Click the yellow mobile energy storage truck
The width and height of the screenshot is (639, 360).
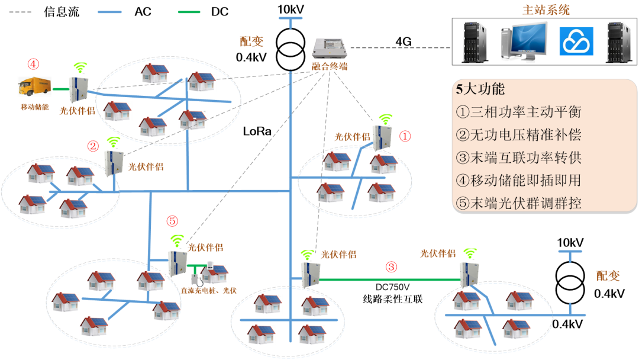point(34,86)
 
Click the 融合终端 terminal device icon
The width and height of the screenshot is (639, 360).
point(330,49)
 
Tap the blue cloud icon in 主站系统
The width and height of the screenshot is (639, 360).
point(576,41)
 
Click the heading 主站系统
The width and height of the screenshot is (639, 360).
point(546,10)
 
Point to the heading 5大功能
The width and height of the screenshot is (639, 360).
point(480,89)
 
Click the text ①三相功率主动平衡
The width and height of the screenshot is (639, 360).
point(519,112)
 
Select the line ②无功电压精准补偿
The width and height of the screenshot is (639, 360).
point(519,135)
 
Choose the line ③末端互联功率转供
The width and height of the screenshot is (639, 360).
point(519,157)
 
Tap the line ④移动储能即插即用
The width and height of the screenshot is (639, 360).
point(519,180)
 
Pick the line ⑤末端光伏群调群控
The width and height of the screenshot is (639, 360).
point(519,203)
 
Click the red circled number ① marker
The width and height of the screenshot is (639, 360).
point(405,136)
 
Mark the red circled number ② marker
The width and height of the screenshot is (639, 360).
point(93,146)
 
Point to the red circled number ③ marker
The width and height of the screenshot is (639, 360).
point(391,267)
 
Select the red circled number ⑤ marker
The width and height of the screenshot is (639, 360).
point(172,221)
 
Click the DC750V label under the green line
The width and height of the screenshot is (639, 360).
point(392,287)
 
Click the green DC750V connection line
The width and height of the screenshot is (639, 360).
point(390,279)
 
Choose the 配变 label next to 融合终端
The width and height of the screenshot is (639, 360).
point(251,41)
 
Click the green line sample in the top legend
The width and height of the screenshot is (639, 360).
point(189,12)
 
